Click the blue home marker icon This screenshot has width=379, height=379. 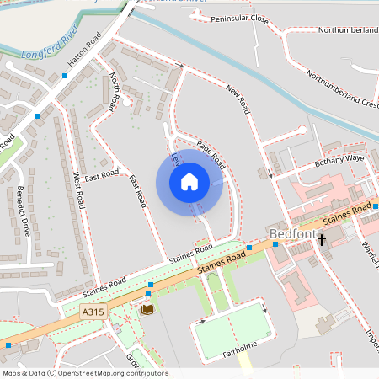click(x=189, y=181)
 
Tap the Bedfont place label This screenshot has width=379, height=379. click(x=291, y=232)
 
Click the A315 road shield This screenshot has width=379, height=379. click(x=93, y=312)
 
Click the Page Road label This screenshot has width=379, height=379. click(x=210, y=152)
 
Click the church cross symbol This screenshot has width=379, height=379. click(x=322, y=241)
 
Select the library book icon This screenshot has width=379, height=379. click(x=147, y=310)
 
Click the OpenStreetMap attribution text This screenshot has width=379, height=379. click(x=84, y=373)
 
